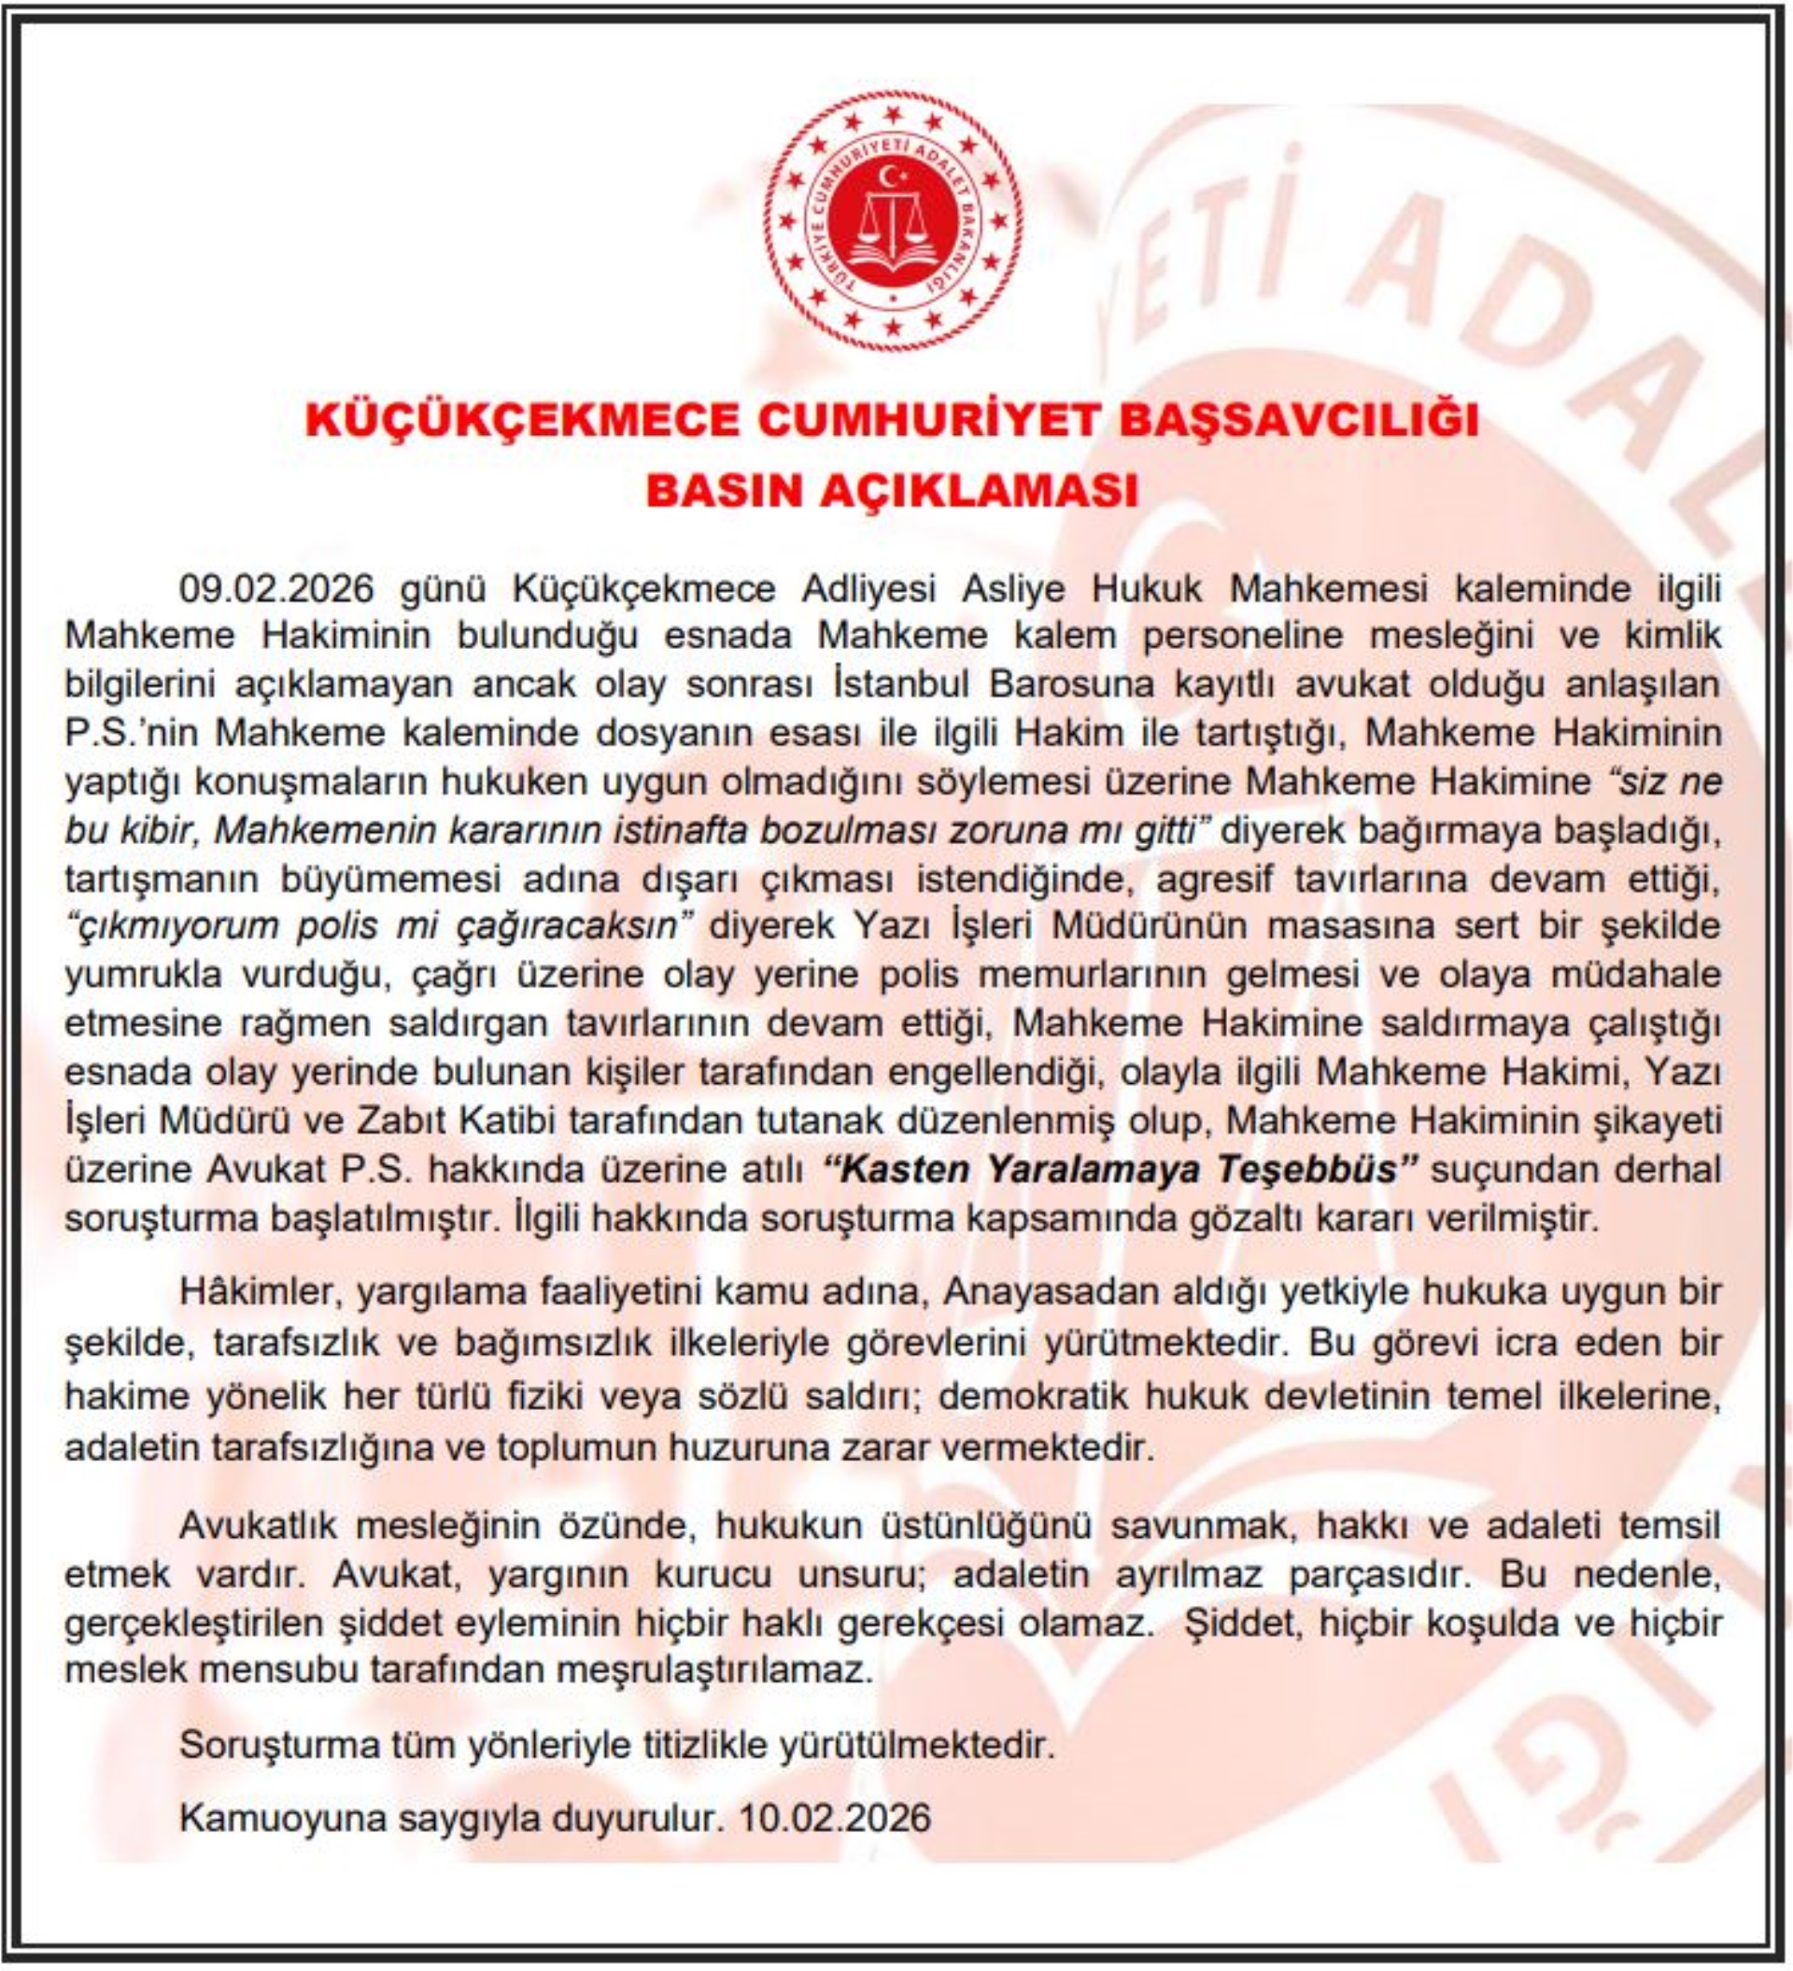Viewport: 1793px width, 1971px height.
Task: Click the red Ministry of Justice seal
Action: coord(893,222)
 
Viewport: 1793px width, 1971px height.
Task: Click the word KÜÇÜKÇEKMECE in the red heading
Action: coord(522,419)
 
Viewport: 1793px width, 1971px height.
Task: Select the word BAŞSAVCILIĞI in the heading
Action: coord(1297,419)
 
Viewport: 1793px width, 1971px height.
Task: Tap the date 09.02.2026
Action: coord(276,589)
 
